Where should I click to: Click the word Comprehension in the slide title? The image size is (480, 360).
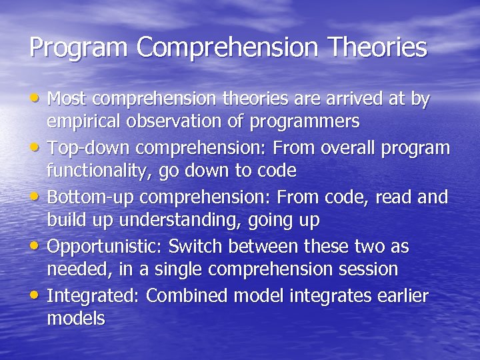click(x=227, y=47)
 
